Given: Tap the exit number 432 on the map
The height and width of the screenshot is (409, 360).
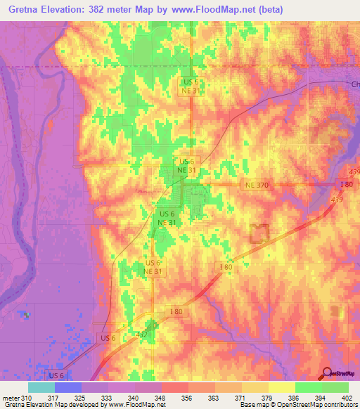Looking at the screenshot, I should coord(141,335).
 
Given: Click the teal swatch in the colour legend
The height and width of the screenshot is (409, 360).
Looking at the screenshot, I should coord(41,387).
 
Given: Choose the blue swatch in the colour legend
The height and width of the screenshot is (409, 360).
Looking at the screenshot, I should coord(68,387).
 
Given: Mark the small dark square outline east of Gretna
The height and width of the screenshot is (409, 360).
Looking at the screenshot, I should coord(261,233).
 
